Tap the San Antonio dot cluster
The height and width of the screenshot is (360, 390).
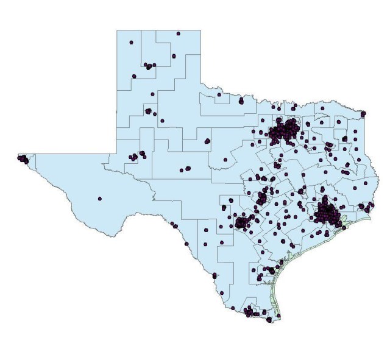coord(242,222)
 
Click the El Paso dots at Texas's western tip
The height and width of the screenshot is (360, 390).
coord(23,158)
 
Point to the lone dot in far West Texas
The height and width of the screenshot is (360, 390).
coord(99,199)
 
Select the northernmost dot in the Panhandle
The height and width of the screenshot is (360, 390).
coord(178,34)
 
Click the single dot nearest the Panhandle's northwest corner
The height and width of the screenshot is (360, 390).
coord(131,42)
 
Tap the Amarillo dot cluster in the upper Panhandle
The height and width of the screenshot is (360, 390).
coord(149,66)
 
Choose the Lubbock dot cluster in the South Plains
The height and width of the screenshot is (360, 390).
coord(149,111)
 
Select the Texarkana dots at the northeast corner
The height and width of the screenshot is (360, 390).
coord(363,113)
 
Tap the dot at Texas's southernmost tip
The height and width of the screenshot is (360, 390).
coord(269,320)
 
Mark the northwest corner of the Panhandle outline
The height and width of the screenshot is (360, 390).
coord(118,30)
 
